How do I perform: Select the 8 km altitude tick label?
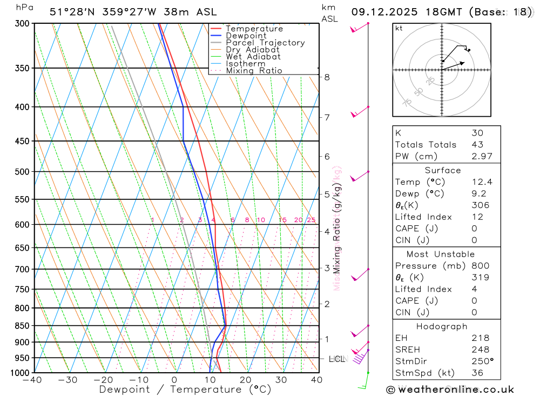(x=327, y=77)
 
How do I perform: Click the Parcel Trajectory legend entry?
(x=265, y=43)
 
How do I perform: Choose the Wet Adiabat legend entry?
(x=253, y=57)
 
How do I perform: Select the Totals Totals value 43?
(x=477, y=145)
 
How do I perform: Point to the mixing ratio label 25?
(x=311, y=220)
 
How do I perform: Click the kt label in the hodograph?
(x=399, y=28)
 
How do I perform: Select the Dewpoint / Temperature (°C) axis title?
(x=185, y=390)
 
